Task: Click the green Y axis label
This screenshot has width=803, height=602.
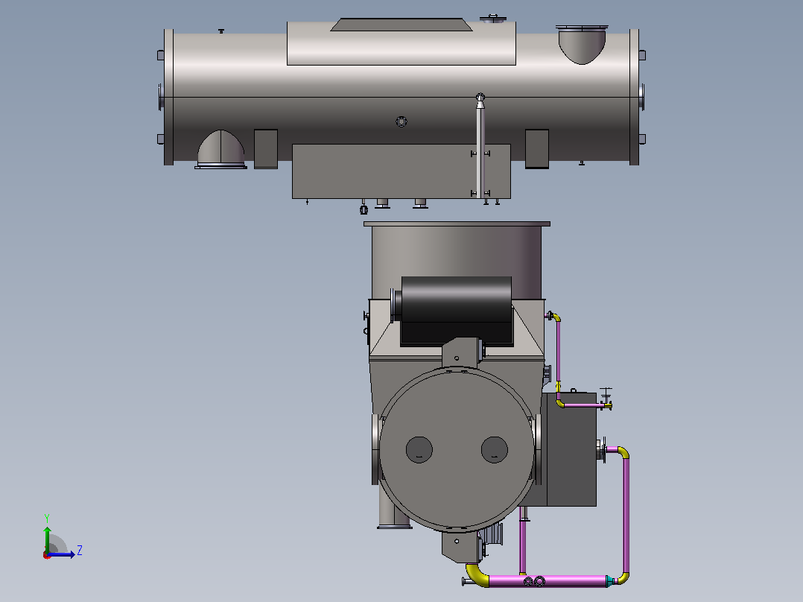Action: (x=47, y=519)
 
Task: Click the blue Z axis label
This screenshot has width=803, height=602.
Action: (x=80, y=551)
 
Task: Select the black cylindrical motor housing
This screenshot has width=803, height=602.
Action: (x=457, y=311)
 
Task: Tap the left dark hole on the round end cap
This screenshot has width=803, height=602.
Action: (x=419, y=450)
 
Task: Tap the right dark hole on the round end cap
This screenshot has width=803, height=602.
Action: (x=494, y=450)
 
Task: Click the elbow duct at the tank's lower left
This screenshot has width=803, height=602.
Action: (x=220, y=149)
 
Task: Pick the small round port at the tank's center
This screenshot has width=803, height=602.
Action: (x=401, y=121)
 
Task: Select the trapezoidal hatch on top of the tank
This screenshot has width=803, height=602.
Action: (x=401, y=25)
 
